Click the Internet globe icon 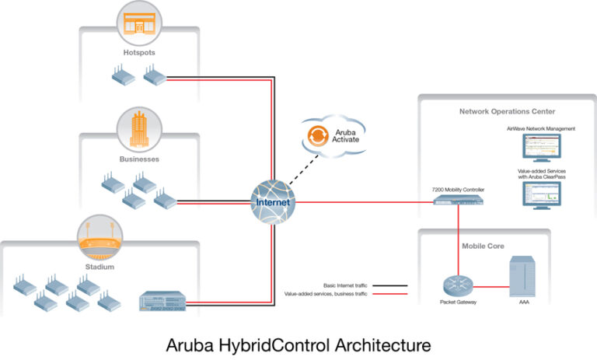coord(271,201)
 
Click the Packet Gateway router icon coord(453,285)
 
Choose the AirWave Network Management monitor coord(540,147)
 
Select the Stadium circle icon coord(99,237)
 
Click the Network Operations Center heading coord(507,111)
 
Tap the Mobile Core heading coord(484,246)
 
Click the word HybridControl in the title coord(277,343)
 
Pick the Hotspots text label coord(140,53)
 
